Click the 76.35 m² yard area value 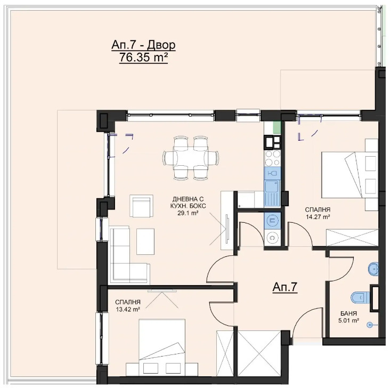point(143,58)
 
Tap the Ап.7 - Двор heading point(143,45)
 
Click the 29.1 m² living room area point(188,213)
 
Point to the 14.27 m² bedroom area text point(318,217)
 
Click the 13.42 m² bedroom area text point(127,310)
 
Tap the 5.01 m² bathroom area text point(348,320)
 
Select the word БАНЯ point(348,313)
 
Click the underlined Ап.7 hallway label point(285,287)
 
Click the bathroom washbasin point(373,269)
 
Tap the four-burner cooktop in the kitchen point(272,158)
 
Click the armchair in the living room point(141,206)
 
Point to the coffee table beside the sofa point(145,241)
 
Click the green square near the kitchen point(277,127)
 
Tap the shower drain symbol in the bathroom point(370,325)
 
